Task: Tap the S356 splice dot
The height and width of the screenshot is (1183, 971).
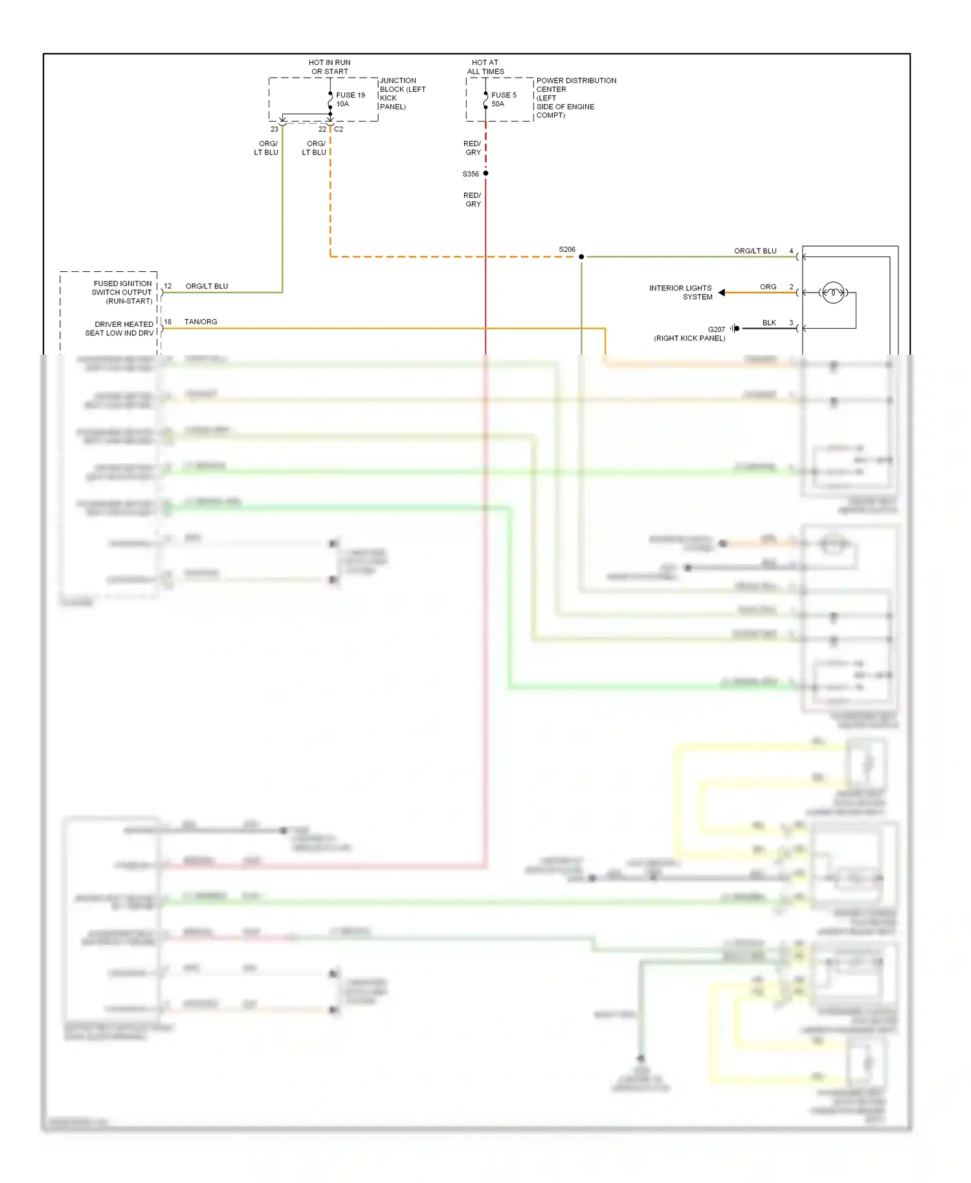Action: click(485, 173)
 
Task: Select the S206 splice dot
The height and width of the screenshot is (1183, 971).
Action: click(581, 257)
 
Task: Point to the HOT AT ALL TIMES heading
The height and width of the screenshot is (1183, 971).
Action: click(485, 67)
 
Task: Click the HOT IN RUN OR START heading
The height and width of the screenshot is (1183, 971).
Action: click(329, 67)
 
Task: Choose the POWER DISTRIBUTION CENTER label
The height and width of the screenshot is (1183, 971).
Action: click(575, 85)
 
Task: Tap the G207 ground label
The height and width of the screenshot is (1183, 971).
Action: click(716, 329)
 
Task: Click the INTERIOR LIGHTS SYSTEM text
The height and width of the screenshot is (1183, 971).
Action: click(680, 293)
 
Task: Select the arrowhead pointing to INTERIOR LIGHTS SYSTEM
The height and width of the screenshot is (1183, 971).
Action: click(722, 293)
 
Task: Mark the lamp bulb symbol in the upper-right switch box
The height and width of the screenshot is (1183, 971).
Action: click(833, 293)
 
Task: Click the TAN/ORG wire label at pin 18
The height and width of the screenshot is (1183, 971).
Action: click(201, 322)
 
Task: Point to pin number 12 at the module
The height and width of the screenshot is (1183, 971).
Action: click(168, 286)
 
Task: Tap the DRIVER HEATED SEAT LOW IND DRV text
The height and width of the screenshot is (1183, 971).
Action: click(120, 329)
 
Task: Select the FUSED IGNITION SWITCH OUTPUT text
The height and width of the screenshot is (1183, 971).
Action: click(122, 292)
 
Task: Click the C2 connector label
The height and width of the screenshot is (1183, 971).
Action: click(339, 129)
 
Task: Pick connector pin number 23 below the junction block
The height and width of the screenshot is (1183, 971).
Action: click(274, 129)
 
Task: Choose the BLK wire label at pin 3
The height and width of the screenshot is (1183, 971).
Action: click(769, 322)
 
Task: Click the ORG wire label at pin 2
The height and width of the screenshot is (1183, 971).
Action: click(768, 287)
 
